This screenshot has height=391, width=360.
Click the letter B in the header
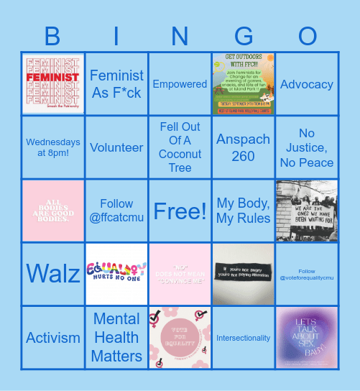point(53,35)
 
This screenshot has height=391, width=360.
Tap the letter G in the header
point(244,35)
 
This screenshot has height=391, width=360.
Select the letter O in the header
point(308,35)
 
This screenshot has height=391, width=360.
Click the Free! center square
point(180,211)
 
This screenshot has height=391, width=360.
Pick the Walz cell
point(52,274)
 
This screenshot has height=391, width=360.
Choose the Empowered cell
point(180,84)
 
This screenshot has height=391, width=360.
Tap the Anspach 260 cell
point(243,147)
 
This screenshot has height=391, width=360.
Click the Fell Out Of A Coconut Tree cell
point(180,147)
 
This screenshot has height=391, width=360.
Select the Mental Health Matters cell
point(116,337)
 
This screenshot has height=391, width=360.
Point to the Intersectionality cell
point(243,337)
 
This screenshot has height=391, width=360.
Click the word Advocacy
point(307,84)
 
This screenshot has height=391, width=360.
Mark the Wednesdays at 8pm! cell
point(52,147)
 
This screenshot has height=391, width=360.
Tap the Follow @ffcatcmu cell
point(116,211)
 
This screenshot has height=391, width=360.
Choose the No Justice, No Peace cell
point(307,147)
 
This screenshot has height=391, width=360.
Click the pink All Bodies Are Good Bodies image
point(52,211)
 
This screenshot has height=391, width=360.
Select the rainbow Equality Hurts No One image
point(116,274)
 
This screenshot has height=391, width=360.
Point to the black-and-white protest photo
point(307,211)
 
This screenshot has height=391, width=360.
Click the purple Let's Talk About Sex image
point(307,337)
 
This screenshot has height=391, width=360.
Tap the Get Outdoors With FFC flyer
point(243,84)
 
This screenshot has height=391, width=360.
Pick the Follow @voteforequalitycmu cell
point(307,274)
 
